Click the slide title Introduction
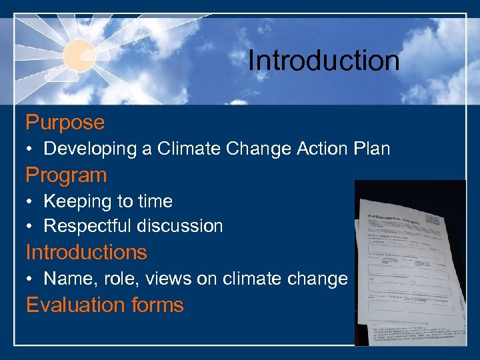pyautogui.click(x=323, y=61)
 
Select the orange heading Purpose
pyautogui.click(x=65, y=123)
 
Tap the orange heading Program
pyautogui.click(x=66, y=175)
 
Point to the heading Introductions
pyautogui.click(x=86, y=253)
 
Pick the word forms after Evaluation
pyautogui.click(x=157, y=305)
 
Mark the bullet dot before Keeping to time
pyautogui.click(x=31, y=202)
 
